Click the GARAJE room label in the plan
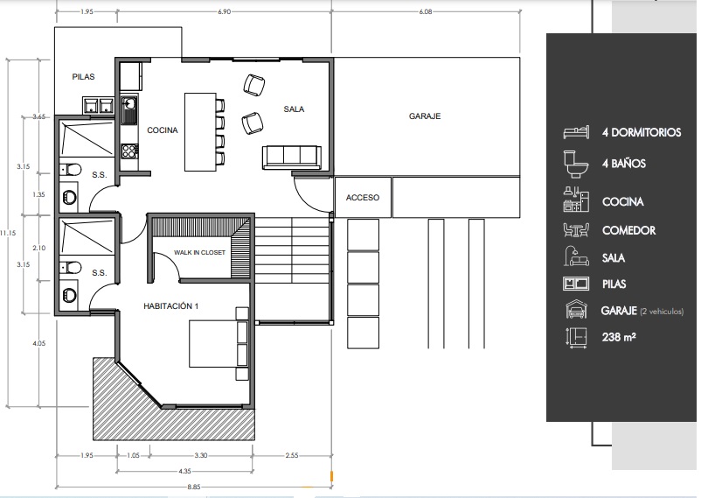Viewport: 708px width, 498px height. [x=425, y=116]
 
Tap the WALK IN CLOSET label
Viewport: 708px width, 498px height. [x=199, y=252]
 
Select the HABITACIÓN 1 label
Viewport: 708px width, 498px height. [x=170, y=306]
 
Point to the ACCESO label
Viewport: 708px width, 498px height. [x=363, y=198]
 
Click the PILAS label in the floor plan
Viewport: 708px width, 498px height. [x=84, y=77]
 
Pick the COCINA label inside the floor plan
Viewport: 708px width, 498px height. [x=163, y=130]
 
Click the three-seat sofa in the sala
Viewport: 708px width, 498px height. [x=292, y=158]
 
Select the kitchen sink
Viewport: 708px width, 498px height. [x=129, y=109]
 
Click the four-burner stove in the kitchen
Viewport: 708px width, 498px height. [x=129, y=151]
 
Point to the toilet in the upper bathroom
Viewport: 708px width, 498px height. [x=71, y=170]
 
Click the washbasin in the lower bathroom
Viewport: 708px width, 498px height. [x=69, y=295]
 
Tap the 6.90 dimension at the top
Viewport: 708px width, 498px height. [x=224, y=11]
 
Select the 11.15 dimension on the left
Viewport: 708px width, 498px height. [x=8, y=233]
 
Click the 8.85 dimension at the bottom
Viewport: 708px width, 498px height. [x=194, y=487]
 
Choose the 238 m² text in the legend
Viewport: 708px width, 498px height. [x=619, y=337]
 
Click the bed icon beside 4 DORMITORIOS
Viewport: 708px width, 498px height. [x=576, y=132]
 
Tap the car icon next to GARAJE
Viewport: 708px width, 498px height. [x=576, y=310]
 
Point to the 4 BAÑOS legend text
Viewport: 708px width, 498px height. [x=623, y=164]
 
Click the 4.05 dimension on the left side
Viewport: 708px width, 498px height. [x=38, y=343]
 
